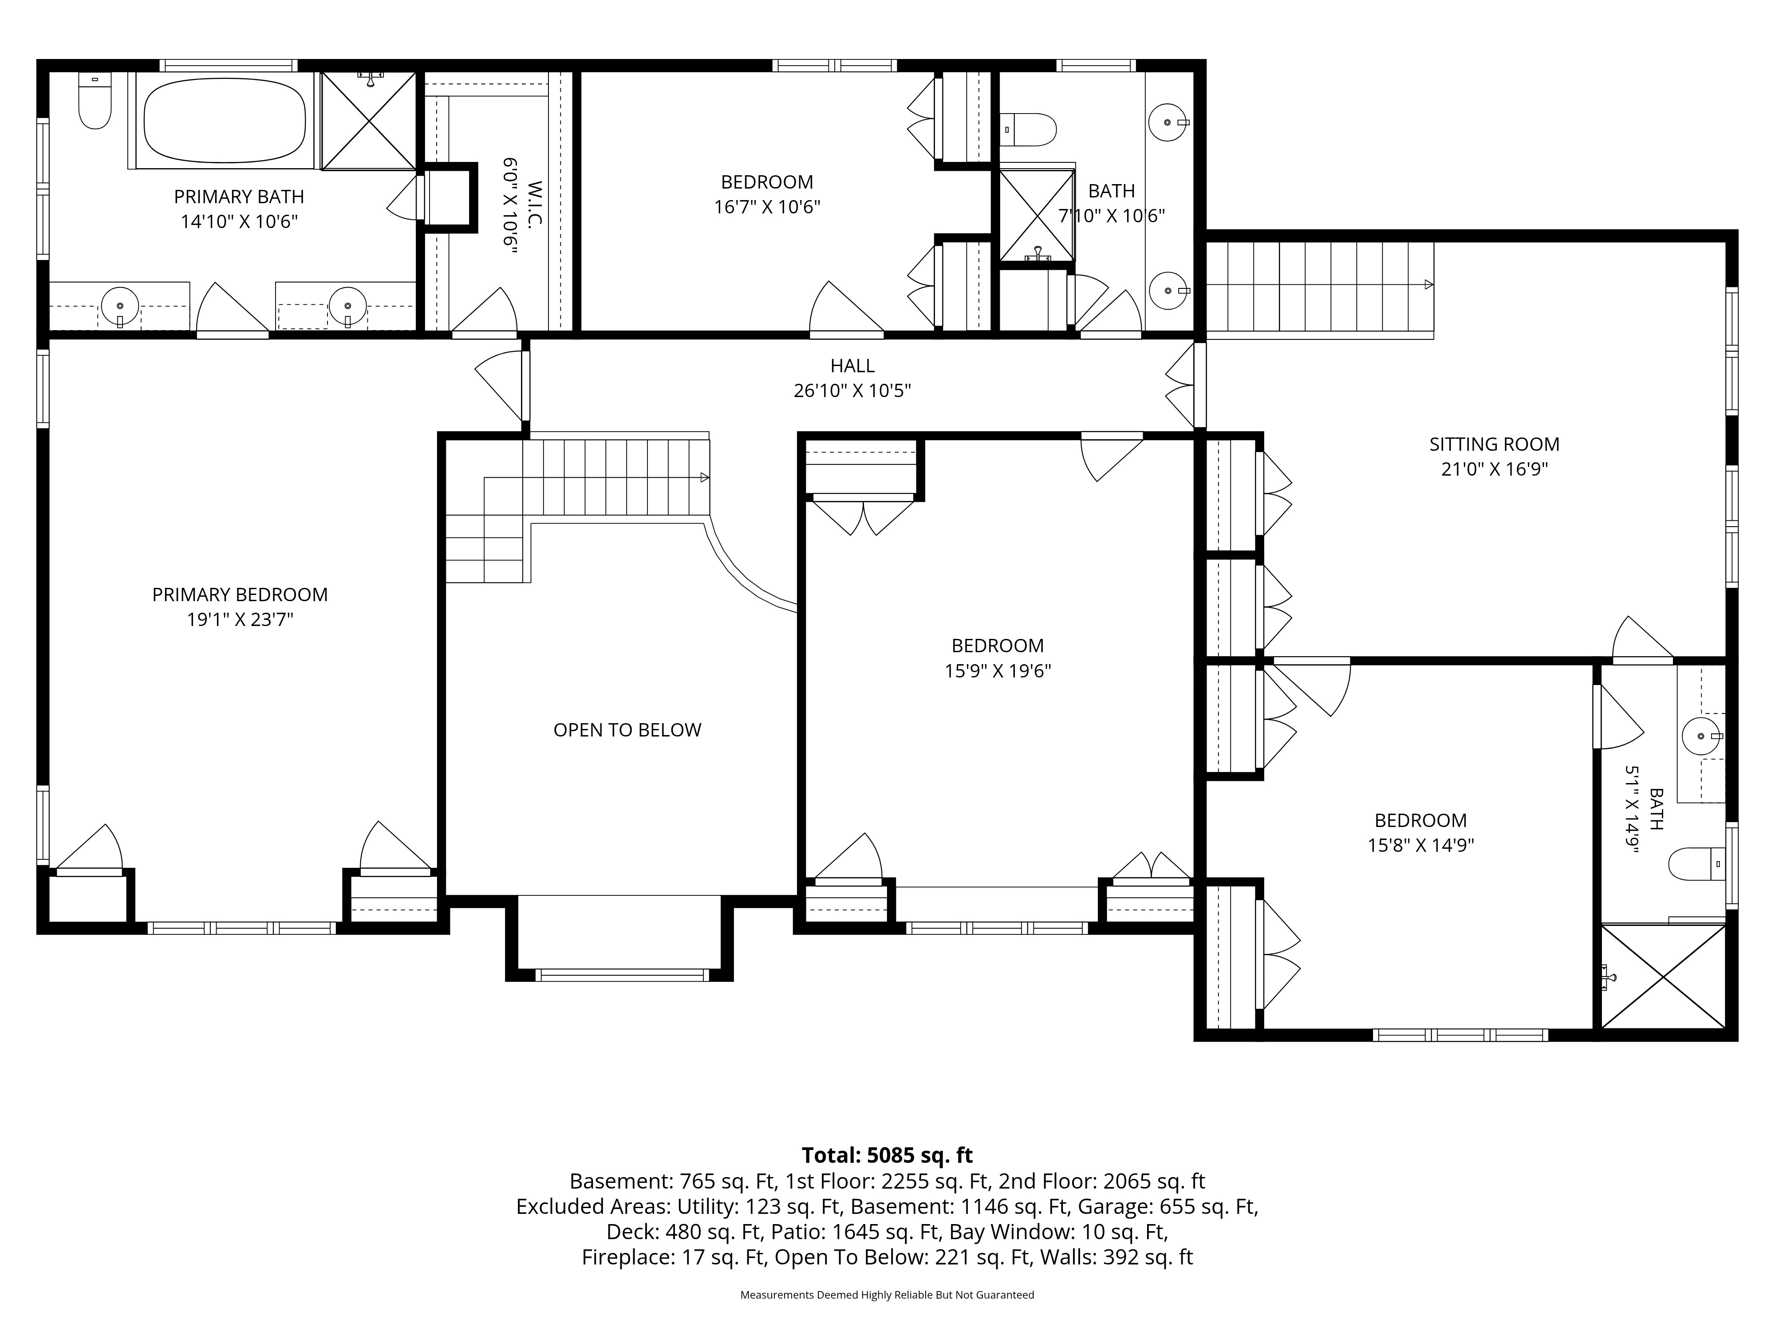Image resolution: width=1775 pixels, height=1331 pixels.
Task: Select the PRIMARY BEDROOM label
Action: pos(240,595)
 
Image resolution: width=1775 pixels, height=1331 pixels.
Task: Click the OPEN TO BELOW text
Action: pos(627,730)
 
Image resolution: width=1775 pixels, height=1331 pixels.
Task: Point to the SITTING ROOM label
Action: pos(1494,445)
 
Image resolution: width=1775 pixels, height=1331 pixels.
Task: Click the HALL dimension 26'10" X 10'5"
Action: pos(852,391)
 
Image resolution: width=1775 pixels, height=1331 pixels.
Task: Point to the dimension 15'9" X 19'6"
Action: pos(998,671)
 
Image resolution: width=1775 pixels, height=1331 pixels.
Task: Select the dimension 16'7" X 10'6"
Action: pos(767,207)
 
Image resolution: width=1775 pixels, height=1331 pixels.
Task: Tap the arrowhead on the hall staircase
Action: pos(705,477)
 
